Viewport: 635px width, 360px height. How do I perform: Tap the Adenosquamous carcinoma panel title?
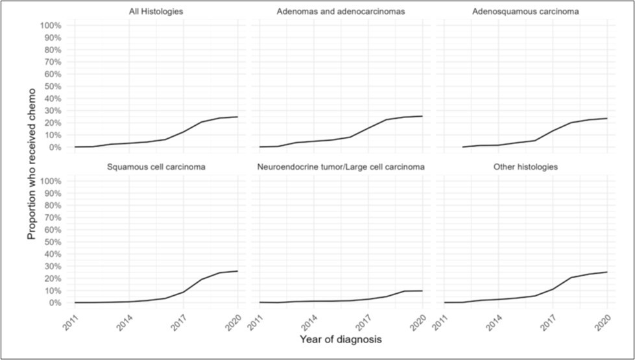[525, 11]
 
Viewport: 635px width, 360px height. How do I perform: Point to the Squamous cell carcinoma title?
[156, 167]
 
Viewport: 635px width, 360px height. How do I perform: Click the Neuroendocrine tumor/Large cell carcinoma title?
[341, 167]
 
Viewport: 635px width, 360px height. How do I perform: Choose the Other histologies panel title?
[525, 167]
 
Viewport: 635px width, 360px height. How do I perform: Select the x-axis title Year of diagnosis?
[341, 339]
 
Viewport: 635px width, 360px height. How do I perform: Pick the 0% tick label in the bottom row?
[55, 303]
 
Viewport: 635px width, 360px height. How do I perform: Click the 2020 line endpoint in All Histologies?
[237, 117]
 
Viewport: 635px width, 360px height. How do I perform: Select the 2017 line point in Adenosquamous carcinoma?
[553, 131]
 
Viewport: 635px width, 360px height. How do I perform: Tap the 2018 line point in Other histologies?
[571, 278]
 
